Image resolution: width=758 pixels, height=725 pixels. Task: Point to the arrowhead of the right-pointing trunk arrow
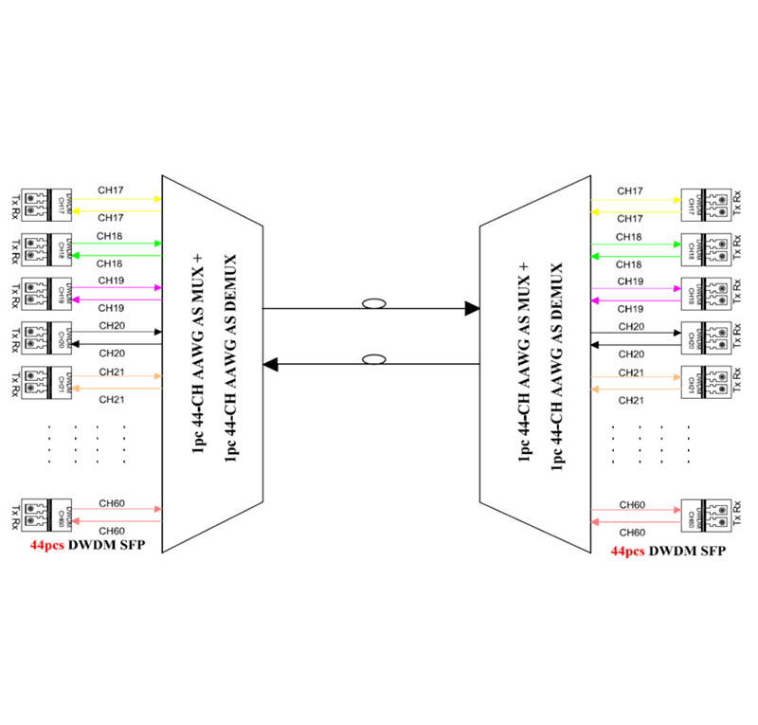point(472,308)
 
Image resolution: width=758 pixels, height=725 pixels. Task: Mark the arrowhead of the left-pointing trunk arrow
point(270,364)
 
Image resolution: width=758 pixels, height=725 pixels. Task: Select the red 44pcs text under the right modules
point(628,551)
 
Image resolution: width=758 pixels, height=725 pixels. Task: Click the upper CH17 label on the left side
point(112,191)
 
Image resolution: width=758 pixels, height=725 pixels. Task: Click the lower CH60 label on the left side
point(112,531)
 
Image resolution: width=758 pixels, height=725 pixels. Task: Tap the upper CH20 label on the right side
point(631,327)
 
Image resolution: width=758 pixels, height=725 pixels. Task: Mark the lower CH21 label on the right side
point(631,401)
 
